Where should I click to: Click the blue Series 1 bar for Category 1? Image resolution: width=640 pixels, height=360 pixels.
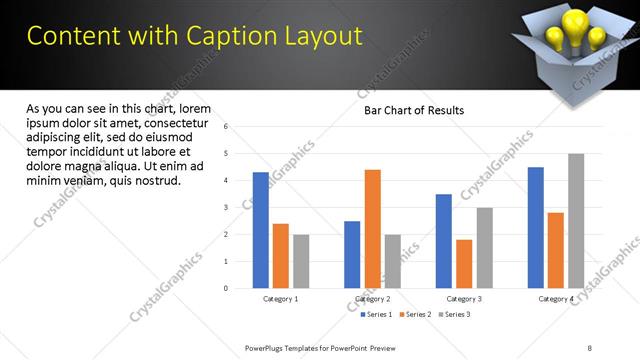coord(260,230)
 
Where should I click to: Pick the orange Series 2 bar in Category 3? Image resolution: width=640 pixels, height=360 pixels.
coord(464,263)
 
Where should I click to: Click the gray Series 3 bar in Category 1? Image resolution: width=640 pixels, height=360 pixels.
coord(301,261)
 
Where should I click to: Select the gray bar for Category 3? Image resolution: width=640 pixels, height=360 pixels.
coord(484,247)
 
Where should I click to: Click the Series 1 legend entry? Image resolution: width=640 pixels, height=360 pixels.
coord(376,314)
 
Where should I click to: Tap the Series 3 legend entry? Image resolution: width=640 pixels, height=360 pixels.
coord(453,314)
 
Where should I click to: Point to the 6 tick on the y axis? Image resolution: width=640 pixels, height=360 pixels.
coord(227,127)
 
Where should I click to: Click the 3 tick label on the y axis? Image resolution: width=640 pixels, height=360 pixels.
coord(227,207)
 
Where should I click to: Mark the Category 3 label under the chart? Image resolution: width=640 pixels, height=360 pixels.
coord(464,299)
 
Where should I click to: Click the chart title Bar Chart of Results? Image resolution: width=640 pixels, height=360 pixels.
coord(413,110)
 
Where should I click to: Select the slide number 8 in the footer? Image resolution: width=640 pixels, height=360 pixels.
coord(590,347)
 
